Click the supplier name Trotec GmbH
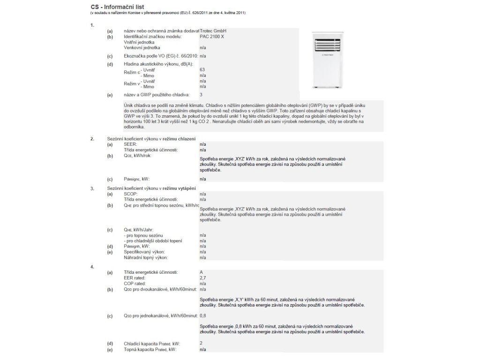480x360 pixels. (212, 30)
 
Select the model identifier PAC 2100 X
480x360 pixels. (211, 36)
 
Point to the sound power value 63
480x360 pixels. (202, 69)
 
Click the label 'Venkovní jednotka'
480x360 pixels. (142, 47)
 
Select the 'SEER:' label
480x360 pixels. (130, 144)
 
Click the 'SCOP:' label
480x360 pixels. (131, 194)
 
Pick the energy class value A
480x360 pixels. (201, 272)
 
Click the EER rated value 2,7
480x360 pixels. (202, 278)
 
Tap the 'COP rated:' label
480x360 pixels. (135, 284)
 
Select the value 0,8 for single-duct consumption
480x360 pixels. (202, 315)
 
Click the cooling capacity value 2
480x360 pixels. (201, 344)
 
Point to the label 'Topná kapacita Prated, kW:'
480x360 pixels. (150, 350)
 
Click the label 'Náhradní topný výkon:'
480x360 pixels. (146, 257)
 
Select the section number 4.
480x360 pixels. (92, 266)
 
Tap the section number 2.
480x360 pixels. (92, 139)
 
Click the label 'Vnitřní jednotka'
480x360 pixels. (139, 42)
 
